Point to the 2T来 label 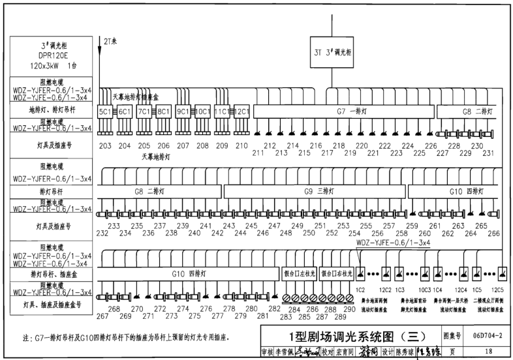[x=108, y=40]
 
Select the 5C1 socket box [x=105, y=112]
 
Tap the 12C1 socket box [x=241, y=112]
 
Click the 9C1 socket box [x=183, y=112]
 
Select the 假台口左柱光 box [x=298, y=273]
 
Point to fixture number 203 [x=105, y=145]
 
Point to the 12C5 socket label [x=498, y=289]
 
